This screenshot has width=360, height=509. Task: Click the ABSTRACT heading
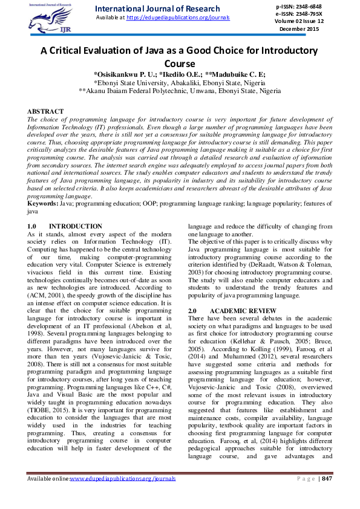pos(45,112)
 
